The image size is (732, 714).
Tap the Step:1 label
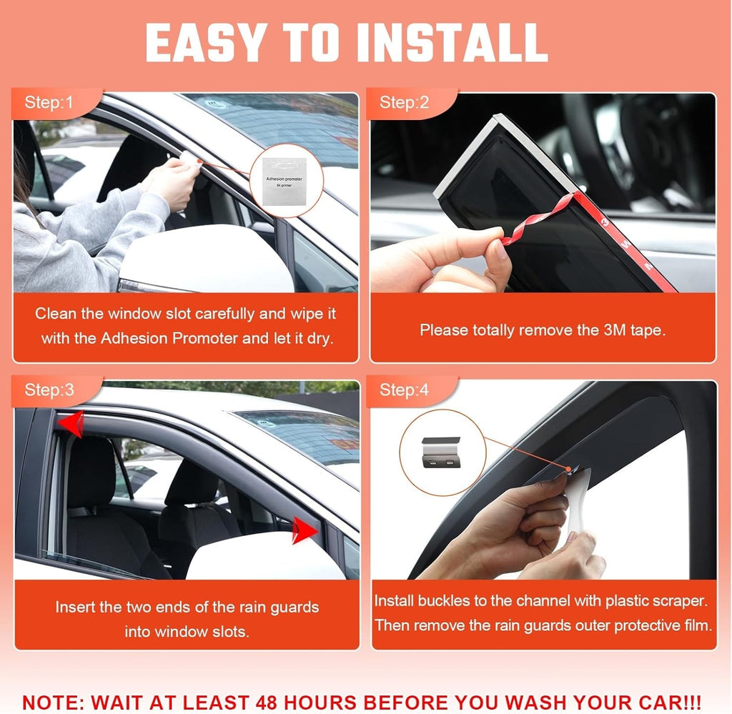[49, 102]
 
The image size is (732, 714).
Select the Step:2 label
[405, 102]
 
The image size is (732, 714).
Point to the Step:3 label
[49, 390]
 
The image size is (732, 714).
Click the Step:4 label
[405, 390]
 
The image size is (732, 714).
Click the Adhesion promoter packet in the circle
[285, 181]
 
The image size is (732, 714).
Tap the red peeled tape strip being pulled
[537, 220]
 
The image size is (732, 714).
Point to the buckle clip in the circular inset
[440, 452]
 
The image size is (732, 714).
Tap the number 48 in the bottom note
[267, 703]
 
